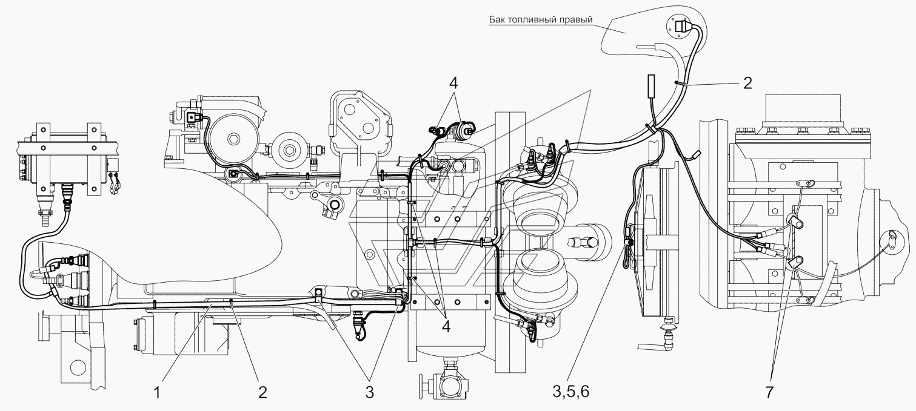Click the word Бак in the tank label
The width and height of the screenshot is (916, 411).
click(496, 19)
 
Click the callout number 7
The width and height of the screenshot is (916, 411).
click(770, 392)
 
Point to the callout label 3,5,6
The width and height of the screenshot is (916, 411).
click(571, 392)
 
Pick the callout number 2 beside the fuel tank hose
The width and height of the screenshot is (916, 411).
click(747, 84)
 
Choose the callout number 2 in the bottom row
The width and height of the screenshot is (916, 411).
click(262, 392)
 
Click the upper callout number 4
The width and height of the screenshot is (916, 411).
click(453, 84)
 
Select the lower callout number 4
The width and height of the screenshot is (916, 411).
click(446, 326)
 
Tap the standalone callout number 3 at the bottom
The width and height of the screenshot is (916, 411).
click(369, 392)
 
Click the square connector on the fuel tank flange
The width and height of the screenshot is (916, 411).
click(681, 27)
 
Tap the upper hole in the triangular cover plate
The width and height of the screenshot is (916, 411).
click(349, 109)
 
